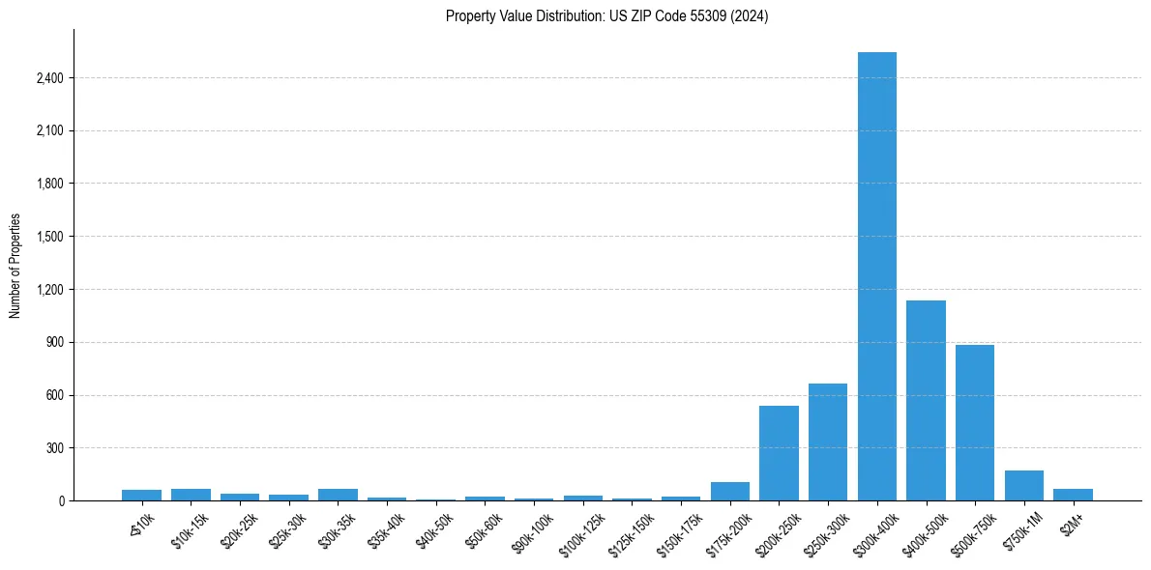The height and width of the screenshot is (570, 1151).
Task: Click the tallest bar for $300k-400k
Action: (877, 276)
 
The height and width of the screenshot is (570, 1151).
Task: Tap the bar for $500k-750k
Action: (975, 422)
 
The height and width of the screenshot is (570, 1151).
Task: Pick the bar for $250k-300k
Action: (828, 442)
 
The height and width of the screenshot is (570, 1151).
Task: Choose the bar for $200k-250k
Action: (779, 453)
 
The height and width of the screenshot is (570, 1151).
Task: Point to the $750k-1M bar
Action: (1024, 486)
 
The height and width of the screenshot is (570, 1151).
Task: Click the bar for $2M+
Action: (1073, 495)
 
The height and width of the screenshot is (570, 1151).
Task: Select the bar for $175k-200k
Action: (730, 491)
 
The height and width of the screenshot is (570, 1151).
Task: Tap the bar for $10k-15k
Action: (191, 495)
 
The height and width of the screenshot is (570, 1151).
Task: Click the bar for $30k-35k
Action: (338, 495)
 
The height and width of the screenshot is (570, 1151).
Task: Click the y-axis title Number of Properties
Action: (15, 265)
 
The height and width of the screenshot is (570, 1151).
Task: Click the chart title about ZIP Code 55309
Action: (606, 16)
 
